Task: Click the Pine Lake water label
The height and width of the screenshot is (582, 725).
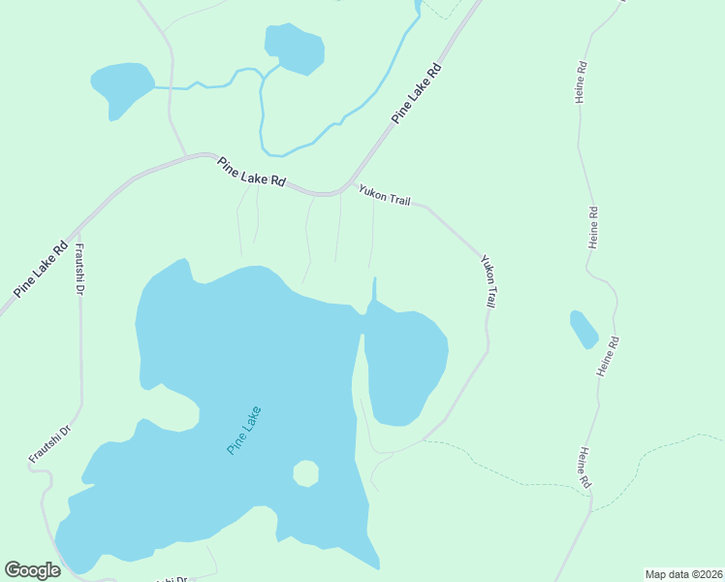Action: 244,431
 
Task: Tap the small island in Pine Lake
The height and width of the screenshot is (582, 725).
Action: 305,474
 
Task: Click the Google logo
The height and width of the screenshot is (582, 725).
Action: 33,570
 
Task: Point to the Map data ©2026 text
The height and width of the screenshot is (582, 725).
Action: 682,573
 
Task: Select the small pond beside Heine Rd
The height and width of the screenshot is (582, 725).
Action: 583,330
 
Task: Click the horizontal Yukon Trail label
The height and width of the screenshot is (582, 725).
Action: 385,196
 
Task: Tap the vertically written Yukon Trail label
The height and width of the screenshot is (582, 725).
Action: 489,281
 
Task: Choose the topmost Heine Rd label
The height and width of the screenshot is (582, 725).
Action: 582,83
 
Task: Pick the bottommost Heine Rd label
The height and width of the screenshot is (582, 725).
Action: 584,469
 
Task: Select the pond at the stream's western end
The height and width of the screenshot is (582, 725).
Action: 120,89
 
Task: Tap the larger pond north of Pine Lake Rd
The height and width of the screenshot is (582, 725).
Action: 295,48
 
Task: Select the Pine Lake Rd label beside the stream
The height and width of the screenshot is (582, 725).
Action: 417,93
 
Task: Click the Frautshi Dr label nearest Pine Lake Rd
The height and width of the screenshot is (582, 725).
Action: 80,270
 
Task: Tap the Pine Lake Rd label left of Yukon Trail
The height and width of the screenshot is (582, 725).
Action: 252,172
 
